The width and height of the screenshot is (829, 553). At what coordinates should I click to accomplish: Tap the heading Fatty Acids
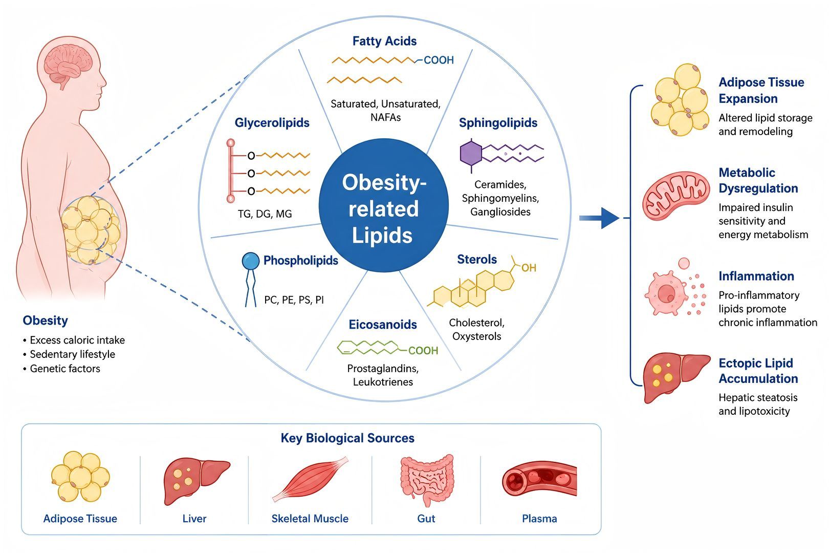tap(384, 41)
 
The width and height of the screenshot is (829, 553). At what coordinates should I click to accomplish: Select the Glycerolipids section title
tap(272, 122)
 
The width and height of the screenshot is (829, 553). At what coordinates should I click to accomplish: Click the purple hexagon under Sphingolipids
tap(471, 154)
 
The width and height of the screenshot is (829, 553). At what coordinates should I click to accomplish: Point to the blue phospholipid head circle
tap(251, 261)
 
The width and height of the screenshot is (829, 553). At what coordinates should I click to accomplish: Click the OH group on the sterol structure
tap(529, 268)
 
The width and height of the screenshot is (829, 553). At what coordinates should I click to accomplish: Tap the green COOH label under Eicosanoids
tap(423, 351)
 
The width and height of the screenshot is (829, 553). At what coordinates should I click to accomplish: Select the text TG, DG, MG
tap(265, 214)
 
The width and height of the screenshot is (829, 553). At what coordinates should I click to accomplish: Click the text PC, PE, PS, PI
tap(294, 300)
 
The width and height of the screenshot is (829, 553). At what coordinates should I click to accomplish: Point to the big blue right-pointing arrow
tap(599, 218)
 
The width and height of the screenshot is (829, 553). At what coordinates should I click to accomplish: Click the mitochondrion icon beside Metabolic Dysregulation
tap(676, 196)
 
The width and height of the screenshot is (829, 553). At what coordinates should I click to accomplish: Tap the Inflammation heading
tap(756, 276)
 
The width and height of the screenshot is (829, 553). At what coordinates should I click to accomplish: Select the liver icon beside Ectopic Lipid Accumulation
tap(676, 377)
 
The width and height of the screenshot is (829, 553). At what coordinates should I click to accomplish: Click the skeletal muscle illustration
tap(310, 479)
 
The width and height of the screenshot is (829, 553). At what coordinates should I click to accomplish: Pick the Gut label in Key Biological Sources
tap(426, 519)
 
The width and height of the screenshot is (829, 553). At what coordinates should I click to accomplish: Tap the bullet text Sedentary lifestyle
tap(73, 354)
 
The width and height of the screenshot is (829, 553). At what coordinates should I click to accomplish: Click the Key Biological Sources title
tap(347, 438)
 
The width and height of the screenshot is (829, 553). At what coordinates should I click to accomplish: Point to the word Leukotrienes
tap(383, 382)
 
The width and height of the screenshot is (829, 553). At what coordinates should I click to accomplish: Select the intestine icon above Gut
tap(427, 480)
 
